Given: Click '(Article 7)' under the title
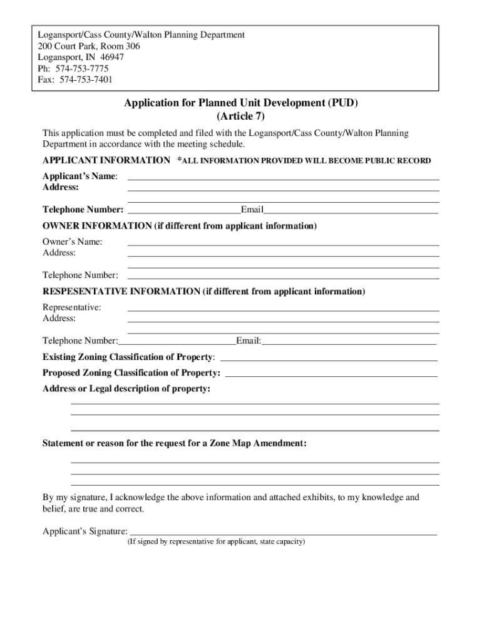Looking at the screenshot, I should pos(241,116).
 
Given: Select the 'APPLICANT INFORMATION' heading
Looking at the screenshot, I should pos(106,161).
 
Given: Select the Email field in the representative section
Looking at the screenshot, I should pos(349,344).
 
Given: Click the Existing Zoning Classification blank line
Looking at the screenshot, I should pos(329,360).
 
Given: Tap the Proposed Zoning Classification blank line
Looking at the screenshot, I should pos(331,376).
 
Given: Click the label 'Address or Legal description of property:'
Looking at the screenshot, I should pos(126,389).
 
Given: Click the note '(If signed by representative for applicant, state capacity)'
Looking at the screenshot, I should pos(216,541).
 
